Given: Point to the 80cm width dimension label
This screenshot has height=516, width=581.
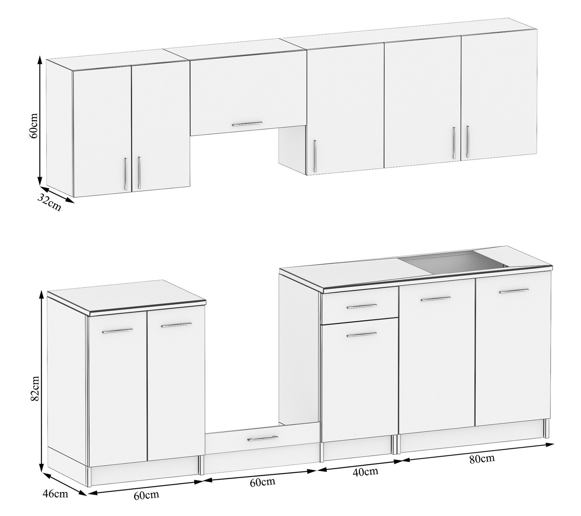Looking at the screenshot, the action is pos(482,459).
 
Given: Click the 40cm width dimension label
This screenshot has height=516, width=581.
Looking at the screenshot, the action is pos(365,471).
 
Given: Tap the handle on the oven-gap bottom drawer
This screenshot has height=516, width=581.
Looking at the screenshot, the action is pos(263,439).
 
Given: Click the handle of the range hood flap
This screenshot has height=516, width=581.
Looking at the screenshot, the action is pos(247,124).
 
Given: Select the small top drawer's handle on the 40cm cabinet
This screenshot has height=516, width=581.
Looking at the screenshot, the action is pos(361,307).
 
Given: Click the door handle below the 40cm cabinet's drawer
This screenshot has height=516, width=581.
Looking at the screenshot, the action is pos(361,335).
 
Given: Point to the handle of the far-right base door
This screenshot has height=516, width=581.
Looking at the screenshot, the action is pos(514,291).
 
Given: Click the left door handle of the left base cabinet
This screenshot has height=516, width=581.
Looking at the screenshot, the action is pos(117,331).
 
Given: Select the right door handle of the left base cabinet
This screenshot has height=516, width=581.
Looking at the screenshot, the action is pos(176,325).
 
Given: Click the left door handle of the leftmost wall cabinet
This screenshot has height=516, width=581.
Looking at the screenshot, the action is pos(125,174).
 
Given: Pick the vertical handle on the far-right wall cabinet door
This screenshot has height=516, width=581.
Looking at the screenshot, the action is pos(467,142).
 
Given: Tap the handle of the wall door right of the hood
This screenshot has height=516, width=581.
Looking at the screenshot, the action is pos(314,156).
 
